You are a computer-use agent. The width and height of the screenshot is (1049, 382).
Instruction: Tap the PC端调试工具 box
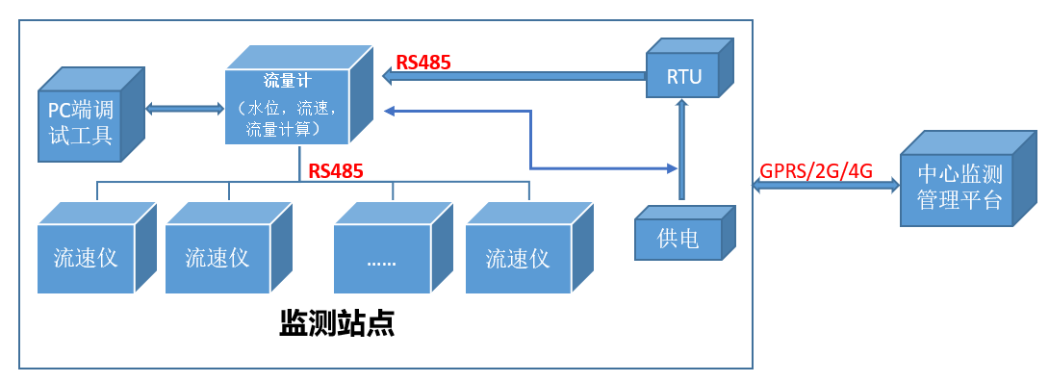point(82,122)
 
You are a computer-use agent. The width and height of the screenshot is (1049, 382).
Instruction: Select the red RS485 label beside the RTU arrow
point(423,63)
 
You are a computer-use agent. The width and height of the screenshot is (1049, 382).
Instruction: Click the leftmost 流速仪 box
point(86,258)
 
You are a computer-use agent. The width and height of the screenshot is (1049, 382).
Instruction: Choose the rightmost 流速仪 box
point(518,258)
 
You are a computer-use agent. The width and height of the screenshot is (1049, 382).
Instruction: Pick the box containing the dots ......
point(383,258)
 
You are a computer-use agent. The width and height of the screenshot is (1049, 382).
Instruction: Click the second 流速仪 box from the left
point(217,258)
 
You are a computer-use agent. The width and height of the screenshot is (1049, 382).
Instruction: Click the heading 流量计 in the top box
point(286,80)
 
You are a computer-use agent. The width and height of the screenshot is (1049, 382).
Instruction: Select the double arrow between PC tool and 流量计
point(185,109)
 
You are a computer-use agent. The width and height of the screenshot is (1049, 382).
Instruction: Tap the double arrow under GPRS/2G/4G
point(825,189)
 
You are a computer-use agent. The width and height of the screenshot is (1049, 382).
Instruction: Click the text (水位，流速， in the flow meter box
point(286,105)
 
